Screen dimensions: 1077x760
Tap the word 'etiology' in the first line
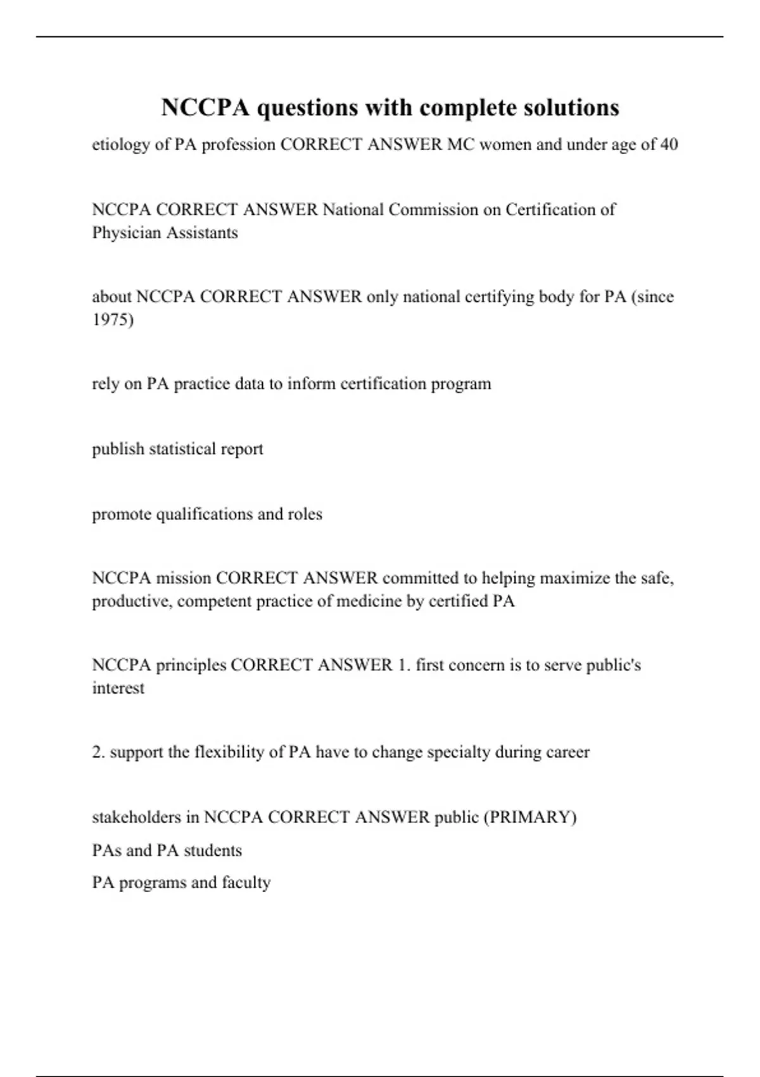tap(120, 145)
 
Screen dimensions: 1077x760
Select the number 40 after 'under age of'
tap(669, 144)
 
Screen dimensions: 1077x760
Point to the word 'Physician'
tap(127, 233)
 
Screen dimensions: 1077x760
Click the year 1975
tap(113, 320)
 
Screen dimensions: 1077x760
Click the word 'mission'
tap(183, 578)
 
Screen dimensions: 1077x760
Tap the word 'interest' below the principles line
tap(118, 689)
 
